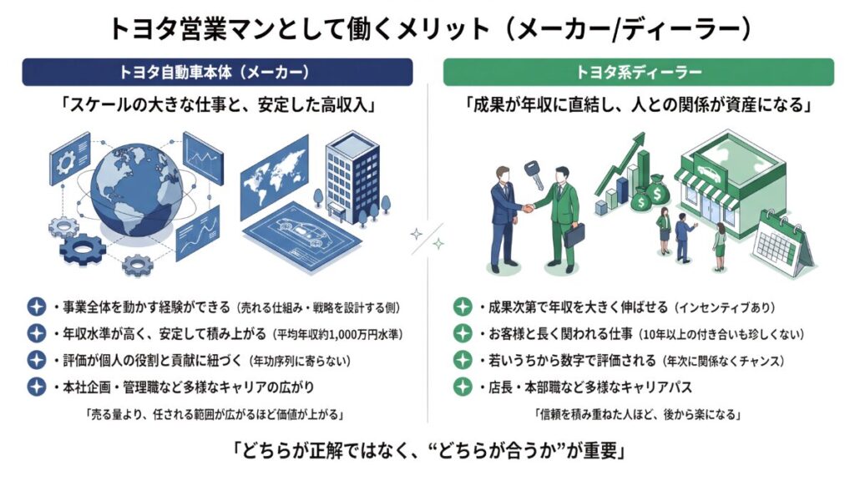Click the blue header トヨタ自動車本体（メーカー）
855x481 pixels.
coord(217,72)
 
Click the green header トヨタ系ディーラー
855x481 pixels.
coord(638,72)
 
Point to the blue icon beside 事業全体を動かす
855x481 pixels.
coord(36,307)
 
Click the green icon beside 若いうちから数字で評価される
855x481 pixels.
coord(462,361)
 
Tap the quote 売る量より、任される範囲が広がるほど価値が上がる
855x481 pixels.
coord(215,415)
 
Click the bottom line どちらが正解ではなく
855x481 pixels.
coord(427,452)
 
